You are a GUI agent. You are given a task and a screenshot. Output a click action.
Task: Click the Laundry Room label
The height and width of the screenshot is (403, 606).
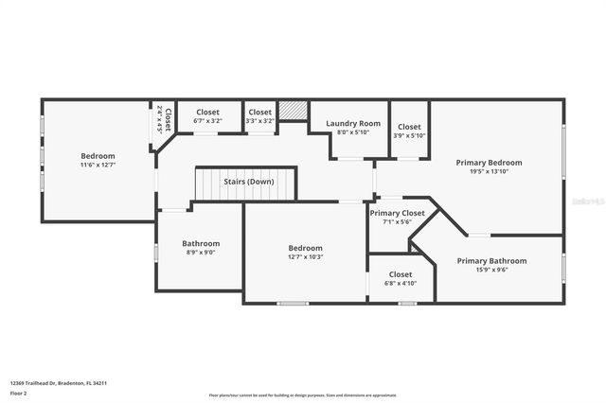353,124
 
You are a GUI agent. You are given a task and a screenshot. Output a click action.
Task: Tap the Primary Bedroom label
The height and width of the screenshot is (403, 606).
489,163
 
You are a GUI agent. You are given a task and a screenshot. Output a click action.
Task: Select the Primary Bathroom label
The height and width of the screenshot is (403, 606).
491,261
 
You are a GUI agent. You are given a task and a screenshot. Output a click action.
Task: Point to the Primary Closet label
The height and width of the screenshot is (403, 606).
397,214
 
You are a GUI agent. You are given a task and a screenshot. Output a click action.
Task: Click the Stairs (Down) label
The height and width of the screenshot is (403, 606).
248,182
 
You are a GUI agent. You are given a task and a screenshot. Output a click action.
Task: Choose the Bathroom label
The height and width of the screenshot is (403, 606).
201,243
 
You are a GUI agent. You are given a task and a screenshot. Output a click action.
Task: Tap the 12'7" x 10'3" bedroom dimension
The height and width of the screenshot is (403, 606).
305,257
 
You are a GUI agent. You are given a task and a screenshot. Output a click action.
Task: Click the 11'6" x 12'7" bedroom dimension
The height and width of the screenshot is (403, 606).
98,166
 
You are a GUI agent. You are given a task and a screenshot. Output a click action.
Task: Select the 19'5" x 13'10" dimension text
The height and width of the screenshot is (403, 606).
489,172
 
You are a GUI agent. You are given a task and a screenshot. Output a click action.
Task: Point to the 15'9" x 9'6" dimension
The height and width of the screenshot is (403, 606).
491,271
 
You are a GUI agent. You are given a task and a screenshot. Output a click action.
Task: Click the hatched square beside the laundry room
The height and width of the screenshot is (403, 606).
294,109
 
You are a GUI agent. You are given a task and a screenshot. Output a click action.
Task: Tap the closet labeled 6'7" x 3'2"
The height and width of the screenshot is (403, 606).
206,116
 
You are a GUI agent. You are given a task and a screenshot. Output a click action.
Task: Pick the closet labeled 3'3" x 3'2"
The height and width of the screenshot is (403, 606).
259,116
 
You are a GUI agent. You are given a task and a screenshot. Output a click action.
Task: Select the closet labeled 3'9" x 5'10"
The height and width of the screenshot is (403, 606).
409,131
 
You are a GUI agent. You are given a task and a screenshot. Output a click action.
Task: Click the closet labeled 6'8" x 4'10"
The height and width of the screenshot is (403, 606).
401,278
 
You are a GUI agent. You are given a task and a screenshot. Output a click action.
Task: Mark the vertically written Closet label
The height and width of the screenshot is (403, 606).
168,120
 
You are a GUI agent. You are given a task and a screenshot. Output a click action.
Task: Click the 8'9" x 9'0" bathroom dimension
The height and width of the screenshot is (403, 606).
201,253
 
